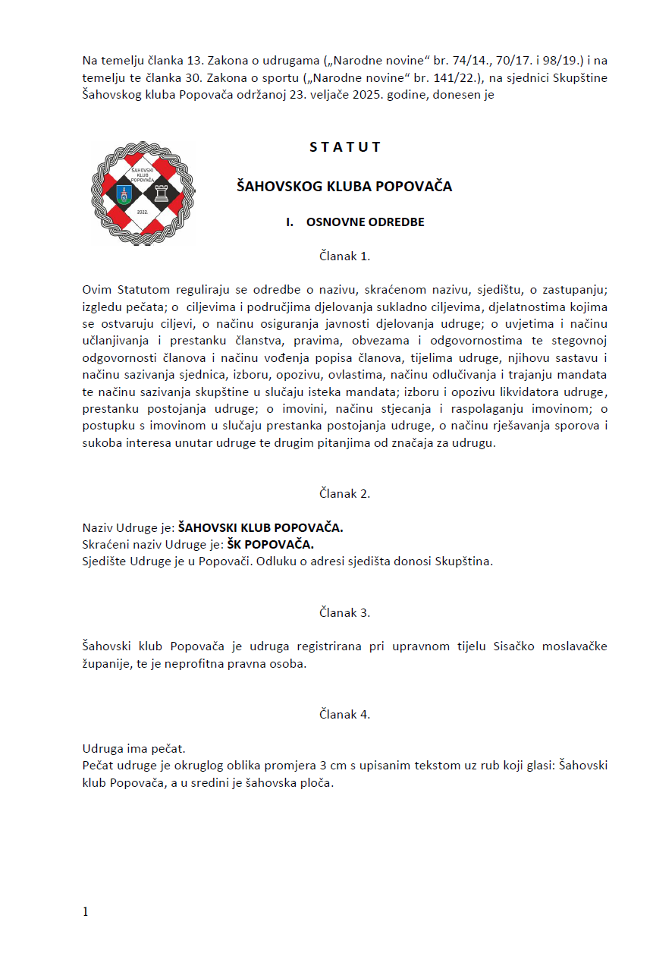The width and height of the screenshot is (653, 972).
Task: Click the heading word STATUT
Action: (344, 147)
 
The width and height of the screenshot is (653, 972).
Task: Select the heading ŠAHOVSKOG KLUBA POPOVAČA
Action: (344, 186)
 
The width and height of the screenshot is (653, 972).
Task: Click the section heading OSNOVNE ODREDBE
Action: (365, 222)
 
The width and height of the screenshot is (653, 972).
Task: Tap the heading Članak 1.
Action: (344, 256)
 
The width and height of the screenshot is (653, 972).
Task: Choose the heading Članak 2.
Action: (344, 493)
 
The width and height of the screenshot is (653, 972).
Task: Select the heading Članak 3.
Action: (344, 612)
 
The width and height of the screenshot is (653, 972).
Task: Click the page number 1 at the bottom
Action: (86, 911)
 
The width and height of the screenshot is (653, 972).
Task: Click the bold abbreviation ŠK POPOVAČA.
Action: (270, 545)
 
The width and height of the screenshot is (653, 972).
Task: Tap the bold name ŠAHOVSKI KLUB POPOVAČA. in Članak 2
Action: (260, 528)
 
